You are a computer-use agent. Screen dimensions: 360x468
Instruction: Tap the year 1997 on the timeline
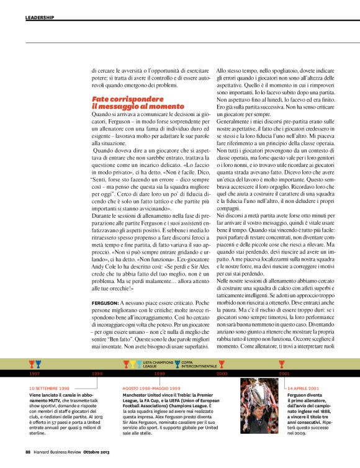(35, 374)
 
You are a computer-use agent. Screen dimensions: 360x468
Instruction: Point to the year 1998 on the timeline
(97, 374)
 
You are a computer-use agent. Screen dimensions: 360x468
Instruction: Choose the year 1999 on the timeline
(160, 374)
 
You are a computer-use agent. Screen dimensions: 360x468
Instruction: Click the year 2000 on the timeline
(222, 374)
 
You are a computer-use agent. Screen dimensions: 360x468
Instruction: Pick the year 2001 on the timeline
(284, 374)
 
